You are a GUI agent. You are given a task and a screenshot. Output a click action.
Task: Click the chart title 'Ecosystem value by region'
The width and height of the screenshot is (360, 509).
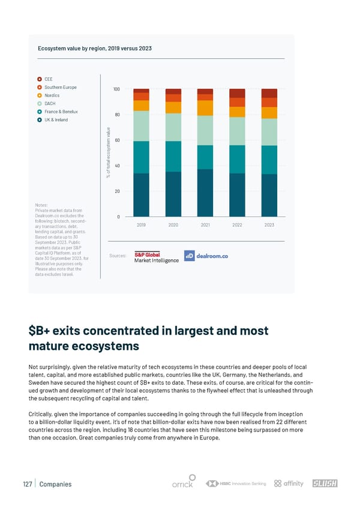click(x=95, y=48)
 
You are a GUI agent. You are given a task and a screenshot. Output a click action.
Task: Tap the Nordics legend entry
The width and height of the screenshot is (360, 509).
click(x=52, y=95)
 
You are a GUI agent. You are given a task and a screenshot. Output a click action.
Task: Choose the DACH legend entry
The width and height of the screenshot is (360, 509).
click(x=50, y=103)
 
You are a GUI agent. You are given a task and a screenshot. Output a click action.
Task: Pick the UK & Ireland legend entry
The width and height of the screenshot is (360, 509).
click(x=56, y=120)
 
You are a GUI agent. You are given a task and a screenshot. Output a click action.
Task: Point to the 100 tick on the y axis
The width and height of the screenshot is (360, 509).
click(x=116, y=89)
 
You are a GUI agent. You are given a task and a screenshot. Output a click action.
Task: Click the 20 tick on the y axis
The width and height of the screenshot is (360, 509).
click(x=118, y=191)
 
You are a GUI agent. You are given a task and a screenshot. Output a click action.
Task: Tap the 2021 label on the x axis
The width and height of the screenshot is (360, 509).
click(x=205, y=224)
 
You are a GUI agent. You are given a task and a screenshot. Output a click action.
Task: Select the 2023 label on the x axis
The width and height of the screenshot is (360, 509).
click(x=269, y=224)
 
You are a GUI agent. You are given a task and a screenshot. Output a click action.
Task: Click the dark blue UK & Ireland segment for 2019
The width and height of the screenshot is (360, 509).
click(x=141, y=194)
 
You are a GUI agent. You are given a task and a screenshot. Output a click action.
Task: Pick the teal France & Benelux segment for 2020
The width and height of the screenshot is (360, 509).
click(x=173, y=156)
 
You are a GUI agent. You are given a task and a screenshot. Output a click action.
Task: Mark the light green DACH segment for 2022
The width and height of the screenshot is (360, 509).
click(x=237, y=131)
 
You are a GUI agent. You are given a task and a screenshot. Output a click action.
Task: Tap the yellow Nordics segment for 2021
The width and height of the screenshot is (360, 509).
click(x=205, y=107)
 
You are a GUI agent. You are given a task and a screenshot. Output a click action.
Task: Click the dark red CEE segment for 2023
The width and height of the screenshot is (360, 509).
click(x=269, y=93)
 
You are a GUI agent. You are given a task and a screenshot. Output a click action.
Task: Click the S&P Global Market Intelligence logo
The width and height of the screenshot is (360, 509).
click(x=156, y=257)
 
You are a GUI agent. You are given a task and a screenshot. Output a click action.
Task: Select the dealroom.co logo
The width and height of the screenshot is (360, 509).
click(x=206, y=256)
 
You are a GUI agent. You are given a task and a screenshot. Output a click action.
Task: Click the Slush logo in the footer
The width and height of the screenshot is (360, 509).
click(x=325, y=484)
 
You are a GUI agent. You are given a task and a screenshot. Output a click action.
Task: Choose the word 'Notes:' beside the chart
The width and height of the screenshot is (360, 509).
click(x=43, y=205)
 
